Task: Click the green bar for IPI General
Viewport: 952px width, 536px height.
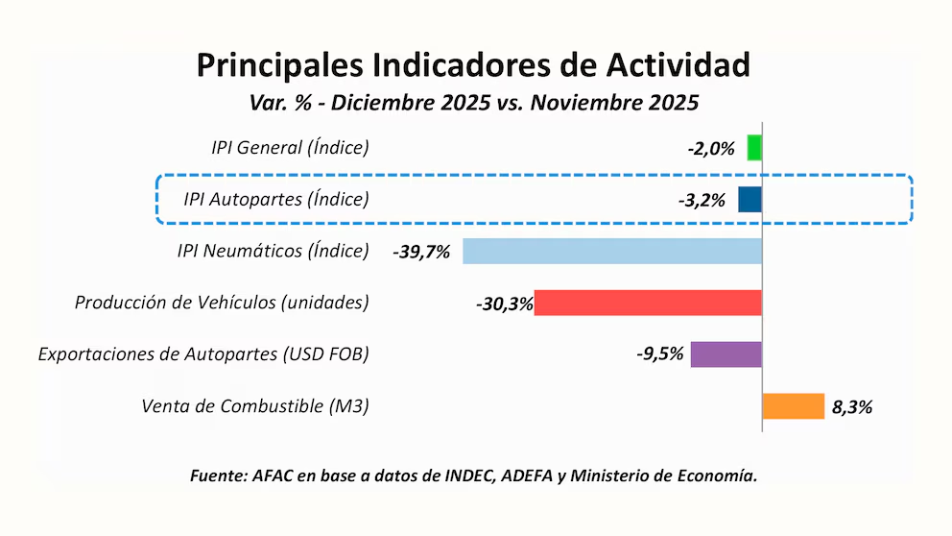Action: click(x=754, y=148)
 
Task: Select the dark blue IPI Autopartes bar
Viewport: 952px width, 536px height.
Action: click(x=750, y=200)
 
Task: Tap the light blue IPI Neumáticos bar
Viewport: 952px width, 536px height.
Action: click(x=611, y=252)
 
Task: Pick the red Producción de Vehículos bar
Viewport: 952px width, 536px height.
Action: click(x=648, y=303)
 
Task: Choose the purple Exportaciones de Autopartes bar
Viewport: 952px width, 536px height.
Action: click(x=726, y=353)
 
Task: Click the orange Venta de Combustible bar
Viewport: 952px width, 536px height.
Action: click(x=794, y=406)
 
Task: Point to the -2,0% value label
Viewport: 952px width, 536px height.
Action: click(x=711, y=149)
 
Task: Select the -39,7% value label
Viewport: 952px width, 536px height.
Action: click(x=421, y=253)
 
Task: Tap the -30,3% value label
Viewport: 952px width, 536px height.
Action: click(x=504, y=304)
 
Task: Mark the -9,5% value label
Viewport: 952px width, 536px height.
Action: click(x=659, y=354)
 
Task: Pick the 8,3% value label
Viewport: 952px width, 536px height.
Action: click(x=852, y=407)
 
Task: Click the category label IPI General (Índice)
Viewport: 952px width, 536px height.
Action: click(x=290, y=148)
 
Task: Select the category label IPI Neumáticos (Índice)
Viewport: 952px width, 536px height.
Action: click(x=273, y=252)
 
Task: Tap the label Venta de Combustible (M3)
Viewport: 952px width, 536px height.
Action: click(x=254, y=406)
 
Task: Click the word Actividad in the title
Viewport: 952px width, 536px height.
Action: click(x=678, y=64)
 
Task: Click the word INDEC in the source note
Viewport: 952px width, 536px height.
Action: click(x=467, y=475)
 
